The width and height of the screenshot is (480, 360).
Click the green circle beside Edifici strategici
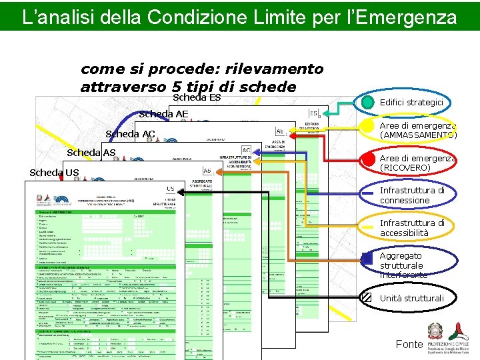pos(367,102)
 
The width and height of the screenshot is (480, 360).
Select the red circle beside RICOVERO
pos(367,160)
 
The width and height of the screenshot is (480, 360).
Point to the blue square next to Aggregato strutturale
pos(366,259)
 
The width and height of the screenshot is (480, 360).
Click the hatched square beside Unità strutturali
pos(366,297)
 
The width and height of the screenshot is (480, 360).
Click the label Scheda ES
pos(197,98)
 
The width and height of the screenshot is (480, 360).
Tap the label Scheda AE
pos(163,114)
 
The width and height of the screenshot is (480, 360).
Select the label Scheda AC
pos(130,134)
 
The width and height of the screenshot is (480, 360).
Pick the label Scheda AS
pos(91,153)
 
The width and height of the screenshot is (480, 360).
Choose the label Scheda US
pos(54,173)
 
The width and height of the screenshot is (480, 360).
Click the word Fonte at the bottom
pos(409,344)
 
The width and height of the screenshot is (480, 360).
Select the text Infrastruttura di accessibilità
pos(411,228)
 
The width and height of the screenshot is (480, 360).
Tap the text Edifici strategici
pos(411,102)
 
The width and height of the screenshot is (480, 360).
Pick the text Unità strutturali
pos(411,298)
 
